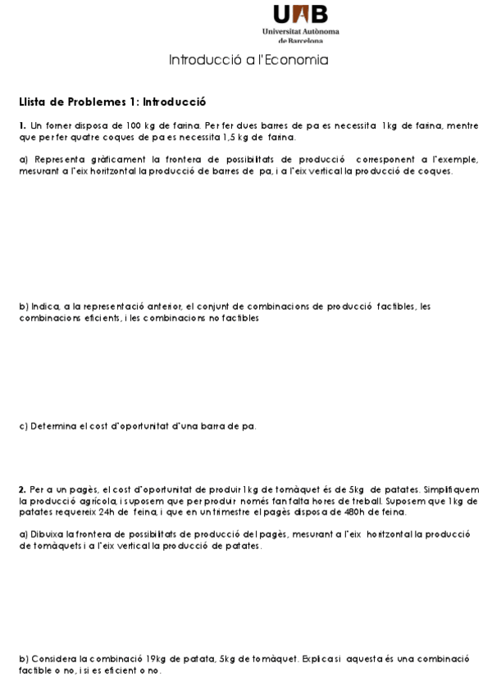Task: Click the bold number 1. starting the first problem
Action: [22, 125]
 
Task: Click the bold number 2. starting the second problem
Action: [22, 489]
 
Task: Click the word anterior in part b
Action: [162, 307]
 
